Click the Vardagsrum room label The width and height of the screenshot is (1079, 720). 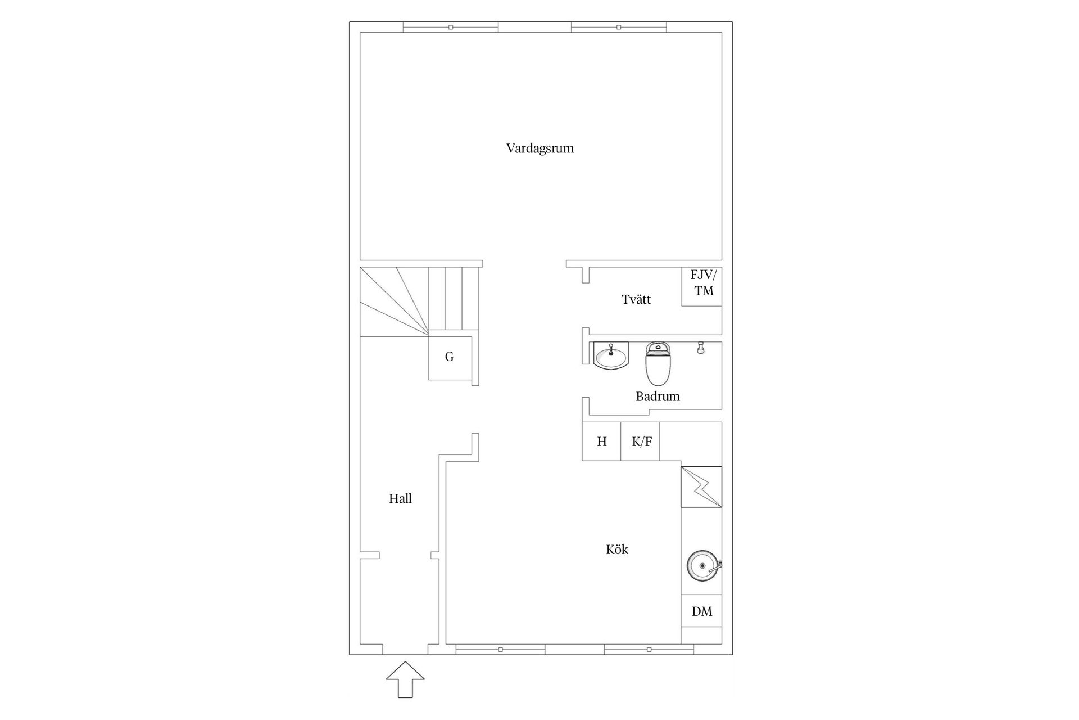click(539, 148)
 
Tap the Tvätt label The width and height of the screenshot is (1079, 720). click(636, 299)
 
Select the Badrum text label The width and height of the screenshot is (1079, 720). click(658, 396)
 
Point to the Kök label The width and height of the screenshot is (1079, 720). click(616, 550)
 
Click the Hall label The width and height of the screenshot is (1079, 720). click(400, 498)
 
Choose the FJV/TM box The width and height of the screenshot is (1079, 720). click(702, 286)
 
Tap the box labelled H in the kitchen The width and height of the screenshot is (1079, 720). click(601, 442)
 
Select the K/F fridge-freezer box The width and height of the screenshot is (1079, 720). click(641, 442)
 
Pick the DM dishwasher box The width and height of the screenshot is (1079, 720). click(701, 611)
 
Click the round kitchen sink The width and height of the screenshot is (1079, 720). click(702, 565)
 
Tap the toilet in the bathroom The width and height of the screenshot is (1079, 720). click(659, 363)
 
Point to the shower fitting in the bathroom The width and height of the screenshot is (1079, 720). click(701, 348)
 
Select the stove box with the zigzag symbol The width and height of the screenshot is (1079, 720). click(701, 487)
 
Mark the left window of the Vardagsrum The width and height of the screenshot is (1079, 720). click(451, 27)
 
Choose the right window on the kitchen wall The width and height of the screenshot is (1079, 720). click(649, 650)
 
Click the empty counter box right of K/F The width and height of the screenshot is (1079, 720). click(691, 442)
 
